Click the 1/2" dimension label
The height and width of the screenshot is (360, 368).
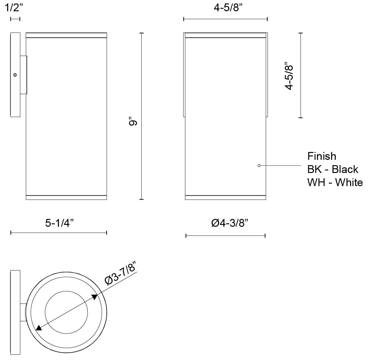tap(13, 8)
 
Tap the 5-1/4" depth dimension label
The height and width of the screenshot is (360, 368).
tap(59, 223)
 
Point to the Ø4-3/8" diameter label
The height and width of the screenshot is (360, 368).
tap(230, 223)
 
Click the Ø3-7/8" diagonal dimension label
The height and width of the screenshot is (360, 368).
tap(121, 273)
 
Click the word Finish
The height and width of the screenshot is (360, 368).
tap(322, 156)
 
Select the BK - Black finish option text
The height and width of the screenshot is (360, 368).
tap(333, 169)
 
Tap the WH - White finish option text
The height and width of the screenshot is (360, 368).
tap(335, 182)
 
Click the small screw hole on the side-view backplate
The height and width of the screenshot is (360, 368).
tap(15, 75)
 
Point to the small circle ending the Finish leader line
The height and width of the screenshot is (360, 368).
tap(259, 165)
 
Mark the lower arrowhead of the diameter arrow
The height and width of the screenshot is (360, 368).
tap(39, 327)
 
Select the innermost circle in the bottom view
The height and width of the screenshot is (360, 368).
tap(66, 312)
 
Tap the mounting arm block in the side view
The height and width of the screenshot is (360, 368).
tap(23, 75)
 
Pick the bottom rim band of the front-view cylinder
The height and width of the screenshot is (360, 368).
tap(225, 197)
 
